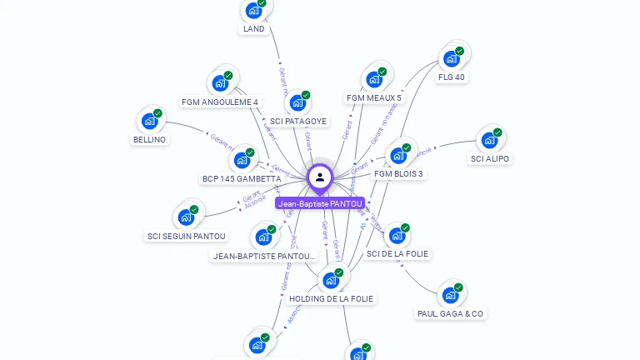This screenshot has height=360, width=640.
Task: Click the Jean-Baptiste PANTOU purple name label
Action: pos(320,203)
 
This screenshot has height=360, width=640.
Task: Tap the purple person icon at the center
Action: pos(320,177)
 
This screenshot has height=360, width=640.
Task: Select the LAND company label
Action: pos(253,29)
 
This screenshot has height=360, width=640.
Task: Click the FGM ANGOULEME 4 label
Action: pos(219,102)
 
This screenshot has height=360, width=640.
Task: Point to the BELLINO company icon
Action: pos(150,121)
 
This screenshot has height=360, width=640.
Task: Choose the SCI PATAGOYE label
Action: pos(298,121)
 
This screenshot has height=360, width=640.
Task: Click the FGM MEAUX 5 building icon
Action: pos(374,79)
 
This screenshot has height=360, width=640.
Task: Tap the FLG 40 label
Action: pos(452,77)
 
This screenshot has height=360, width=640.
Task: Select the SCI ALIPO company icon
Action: pos(489,140)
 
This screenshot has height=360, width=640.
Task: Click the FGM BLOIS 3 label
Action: pos(398,173)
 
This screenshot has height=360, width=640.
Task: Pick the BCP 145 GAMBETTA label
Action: pos(242,178)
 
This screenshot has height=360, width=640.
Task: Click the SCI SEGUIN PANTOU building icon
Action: pos(187,217)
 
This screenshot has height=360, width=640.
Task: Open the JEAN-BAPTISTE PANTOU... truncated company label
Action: pos(264,256)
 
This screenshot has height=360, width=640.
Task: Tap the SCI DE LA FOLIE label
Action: pos(397,253)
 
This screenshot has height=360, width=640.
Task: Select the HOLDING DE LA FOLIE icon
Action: pos(331,280)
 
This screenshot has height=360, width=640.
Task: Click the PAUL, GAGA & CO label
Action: pos(450,313)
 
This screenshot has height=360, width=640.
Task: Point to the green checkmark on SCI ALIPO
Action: pos(497,132)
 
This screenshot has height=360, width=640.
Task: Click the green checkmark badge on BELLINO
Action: pos(157,113)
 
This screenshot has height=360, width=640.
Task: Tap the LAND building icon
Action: pos(253,11)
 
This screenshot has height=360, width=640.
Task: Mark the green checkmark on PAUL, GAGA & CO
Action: pos(458,287)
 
